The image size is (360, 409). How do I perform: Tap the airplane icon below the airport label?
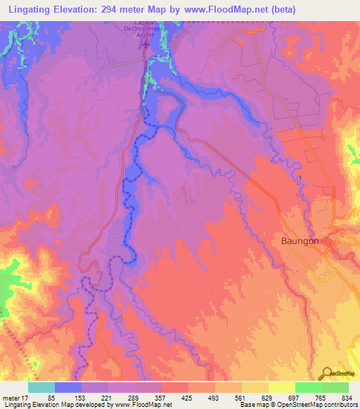(146, 44)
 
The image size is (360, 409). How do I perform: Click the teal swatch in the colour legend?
(41, 388)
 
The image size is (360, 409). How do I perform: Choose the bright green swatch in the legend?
(308, 388)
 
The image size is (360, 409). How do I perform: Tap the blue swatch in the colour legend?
(67, 388)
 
